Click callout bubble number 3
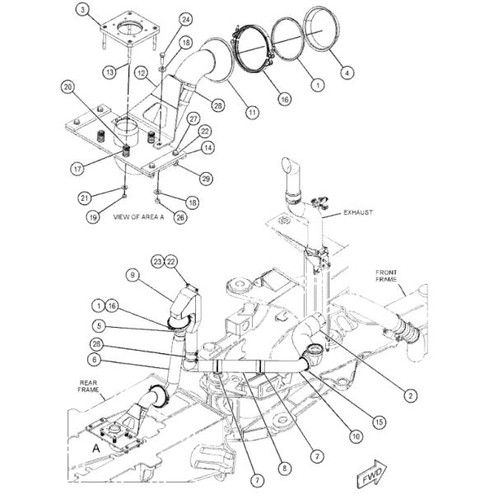tap(82, 10)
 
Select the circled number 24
tap(186, 20)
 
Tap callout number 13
tap(110, 72)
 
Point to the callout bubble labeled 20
tap(68, 87)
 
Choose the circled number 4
tap(347, 72)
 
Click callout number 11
tap(252, 112)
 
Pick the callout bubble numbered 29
tap(206, 179)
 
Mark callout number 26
tap(180, 217)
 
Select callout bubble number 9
tap(133, 275)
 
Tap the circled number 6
tap(95, 360)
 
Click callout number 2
tap(410, 395)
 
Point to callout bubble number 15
tap(380, 422)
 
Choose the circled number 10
tap(356, 436)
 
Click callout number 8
tap(285, 468)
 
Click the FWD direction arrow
tap(372, 473)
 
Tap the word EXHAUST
tap(358, 212)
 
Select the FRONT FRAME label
tap(386, 276)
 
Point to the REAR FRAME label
tap(88, 386)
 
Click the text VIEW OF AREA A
tap(138, 217)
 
